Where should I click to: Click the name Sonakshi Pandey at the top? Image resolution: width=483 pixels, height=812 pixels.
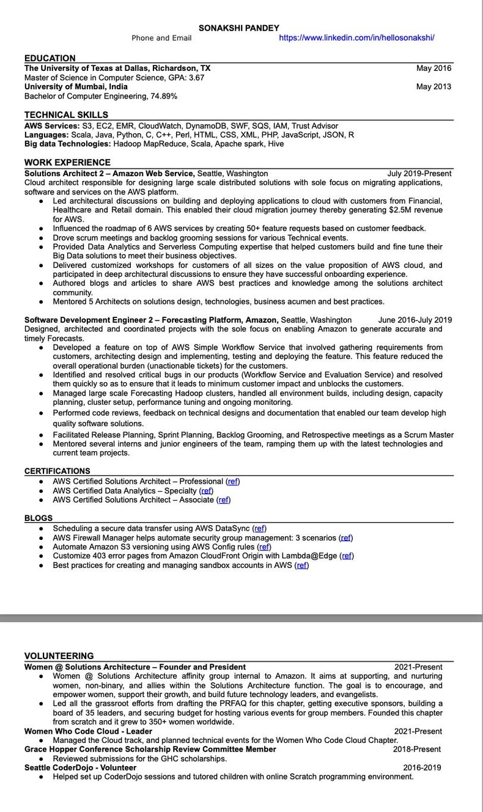(238, 28)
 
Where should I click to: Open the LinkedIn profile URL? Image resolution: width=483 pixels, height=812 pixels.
(356, 38)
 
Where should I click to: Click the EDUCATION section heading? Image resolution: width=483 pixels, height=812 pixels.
(50, 58)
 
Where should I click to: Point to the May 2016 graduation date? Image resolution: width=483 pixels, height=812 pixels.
(433, 68)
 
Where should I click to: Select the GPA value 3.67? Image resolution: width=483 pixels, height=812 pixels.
(196, 78)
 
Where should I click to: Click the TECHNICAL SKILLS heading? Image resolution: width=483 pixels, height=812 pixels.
(66, 115)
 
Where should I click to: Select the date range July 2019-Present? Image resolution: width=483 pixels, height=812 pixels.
(419, 174)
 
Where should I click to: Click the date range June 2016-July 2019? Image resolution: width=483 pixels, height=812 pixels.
(415, 320)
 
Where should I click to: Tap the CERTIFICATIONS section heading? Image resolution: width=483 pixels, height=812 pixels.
(57, 471)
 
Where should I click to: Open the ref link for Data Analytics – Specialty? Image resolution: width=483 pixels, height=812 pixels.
(207, 490)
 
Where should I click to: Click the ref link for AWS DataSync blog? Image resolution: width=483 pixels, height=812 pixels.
(259, 528)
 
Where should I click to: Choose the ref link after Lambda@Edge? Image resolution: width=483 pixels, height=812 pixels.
(347, 556)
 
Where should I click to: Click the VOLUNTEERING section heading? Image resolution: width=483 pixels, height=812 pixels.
(59, 655)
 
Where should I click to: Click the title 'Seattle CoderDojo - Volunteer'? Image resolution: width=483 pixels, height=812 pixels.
(80, 767)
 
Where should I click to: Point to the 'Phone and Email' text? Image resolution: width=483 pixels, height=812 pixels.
(161, 38)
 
